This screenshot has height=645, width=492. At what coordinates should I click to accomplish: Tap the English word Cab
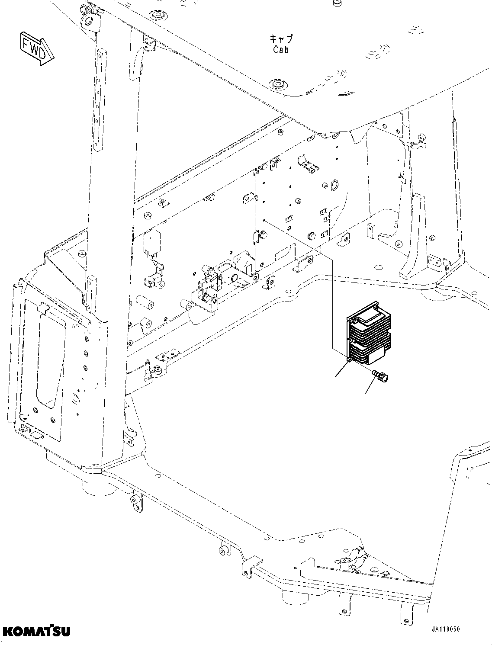pos(281,50)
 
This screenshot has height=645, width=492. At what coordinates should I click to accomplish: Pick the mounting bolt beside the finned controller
pos(380,375)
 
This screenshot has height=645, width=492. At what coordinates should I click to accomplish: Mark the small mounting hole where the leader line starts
pos(264,220)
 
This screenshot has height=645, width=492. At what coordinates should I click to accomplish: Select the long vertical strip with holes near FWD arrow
pos(100,99)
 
